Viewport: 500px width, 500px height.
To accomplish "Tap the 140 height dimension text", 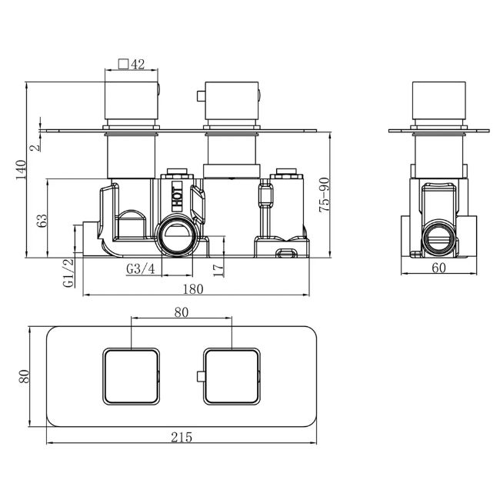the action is pos(22,170).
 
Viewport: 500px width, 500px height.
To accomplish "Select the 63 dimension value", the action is pos(42,221).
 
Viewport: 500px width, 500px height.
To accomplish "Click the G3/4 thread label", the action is pos(141,268).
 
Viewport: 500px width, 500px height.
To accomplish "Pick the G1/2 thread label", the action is pos(69,273).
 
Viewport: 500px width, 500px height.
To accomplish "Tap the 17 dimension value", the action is pos(218,270).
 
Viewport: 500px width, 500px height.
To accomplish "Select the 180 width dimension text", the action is pos(193,289).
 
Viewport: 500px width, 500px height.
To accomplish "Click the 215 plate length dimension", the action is pos(182,437).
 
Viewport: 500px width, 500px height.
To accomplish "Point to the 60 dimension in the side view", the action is pos(438,268).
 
